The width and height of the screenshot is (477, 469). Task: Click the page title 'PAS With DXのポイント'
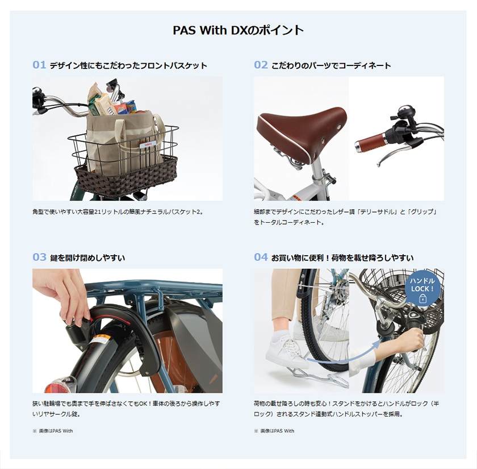pos(238,30)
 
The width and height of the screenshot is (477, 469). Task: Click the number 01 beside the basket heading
pos(39,65)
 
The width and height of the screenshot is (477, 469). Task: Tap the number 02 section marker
pos(260,65)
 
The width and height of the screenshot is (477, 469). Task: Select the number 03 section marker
pos(39,258)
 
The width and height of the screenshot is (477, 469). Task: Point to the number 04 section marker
pos(260,258)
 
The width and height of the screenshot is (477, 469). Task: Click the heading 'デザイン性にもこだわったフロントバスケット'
pos(128,66)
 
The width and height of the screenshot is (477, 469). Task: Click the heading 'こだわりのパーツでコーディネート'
pos(330,66)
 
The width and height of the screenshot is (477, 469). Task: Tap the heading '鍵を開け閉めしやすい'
pos(87,258)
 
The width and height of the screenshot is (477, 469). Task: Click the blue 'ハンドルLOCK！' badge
pos(422,289)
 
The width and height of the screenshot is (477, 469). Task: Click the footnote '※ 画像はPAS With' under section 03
pos(53,431)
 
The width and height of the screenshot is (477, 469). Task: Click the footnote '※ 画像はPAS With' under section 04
pos(274,431)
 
